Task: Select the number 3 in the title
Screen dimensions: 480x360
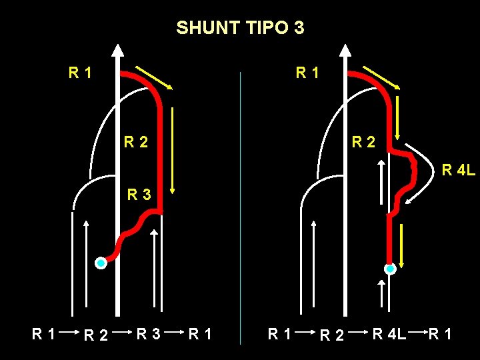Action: coord(299,28)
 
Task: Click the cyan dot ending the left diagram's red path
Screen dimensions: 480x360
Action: coord(101,263)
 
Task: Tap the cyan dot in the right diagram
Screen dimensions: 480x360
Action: coord(390,269)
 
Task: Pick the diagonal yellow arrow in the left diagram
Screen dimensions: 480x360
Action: coord(154,77)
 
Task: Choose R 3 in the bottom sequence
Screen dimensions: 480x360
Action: coord(149,332)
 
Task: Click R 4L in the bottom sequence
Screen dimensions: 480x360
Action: coord(389,332)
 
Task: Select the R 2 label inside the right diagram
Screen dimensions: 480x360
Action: coord(363,141)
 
